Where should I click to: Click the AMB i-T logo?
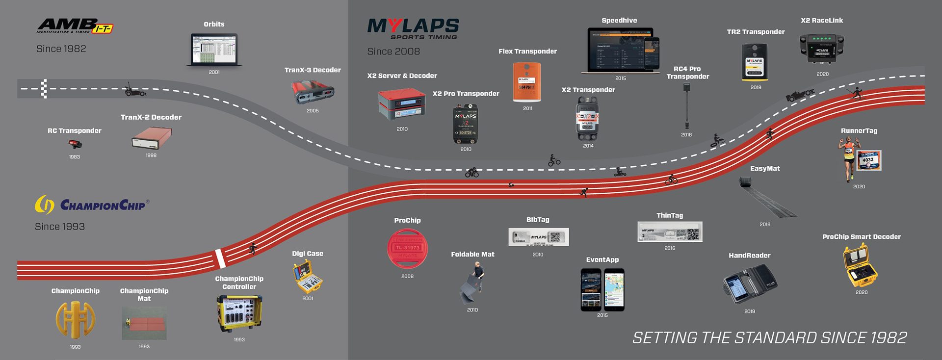75,26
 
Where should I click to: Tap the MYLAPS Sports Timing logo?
413,28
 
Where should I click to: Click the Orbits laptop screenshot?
214,49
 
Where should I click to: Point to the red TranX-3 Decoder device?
313,92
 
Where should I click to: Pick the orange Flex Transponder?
527,82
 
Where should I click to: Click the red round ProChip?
407,249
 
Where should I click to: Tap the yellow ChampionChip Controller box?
239,313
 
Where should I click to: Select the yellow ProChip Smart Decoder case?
860,266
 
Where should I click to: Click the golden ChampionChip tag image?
75,319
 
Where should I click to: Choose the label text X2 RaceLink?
822,21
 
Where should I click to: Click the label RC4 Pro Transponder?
687,73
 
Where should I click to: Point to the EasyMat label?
765,169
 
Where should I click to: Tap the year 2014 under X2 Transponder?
588,146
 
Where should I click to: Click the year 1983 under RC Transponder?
75,157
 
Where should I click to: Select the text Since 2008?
393,51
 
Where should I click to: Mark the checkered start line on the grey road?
44,89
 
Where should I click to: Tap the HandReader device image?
749,284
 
